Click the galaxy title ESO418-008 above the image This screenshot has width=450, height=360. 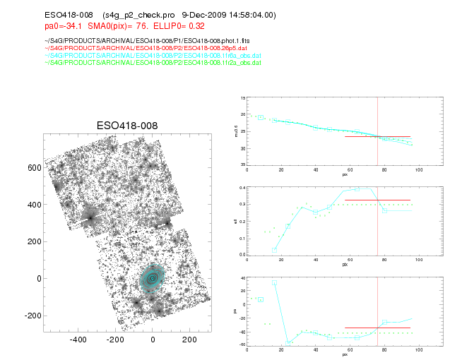coord(127,126)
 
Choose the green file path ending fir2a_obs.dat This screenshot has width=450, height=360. coord(118,62)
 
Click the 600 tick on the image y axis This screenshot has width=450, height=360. coord(33,168)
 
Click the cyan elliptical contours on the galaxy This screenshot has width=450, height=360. coord(152,278)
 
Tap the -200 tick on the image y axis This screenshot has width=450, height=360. coord(32,315)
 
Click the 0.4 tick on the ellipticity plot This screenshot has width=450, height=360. coord(242,188)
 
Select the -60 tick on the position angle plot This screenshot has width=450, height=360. coord(242,344)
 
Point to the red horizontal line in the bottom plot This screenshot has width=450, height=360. coord(377,328)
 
